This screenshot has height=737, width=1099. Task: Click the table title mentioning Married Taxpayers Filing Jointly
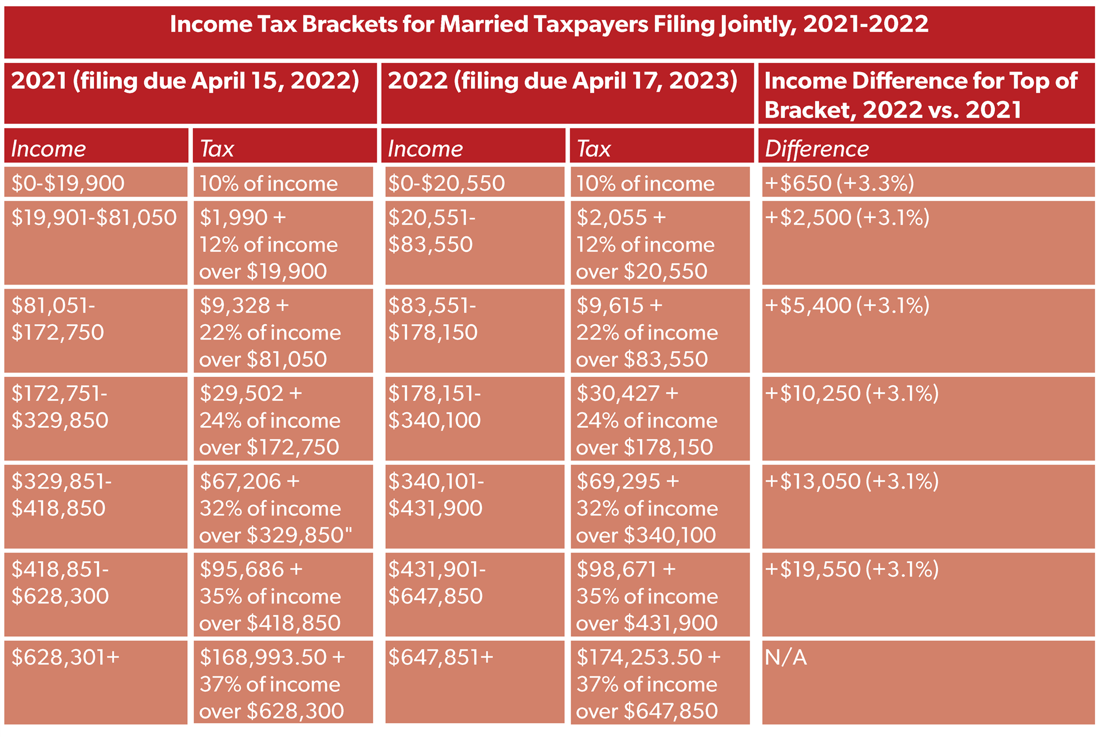[549, 25]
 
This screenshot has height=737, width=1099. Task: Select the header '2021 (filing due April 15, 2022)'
[185, 81]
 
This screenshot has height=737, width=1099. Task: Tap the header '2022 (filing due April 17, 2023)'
[562, 81]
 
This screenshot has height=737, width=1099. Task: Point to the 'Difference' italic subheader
[816, 149]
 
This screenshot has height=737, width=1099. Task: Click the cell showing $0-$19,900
[68, 183]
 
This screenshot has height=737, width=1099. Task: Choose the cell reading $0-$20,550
[446, 183]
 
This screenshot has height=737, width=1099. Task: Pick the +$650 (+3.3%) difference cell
[839, 183]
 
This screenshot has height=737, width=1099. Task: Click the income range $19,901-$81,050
[94, 218]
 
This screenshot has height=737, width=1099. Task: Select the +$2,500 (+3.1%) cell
[847, 218]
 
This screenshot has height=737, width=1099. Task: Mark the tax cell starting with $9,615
[646, 332]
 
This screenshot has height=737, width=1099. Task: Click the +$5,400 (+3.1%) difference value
[847, 306]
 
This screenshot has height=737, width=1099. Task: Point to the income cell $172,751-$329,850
[60, 407]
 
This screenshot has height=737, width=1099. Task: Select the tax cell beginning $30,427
[646, 420]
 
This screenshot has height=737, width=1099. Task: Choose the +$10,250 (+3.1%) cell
[851, 393]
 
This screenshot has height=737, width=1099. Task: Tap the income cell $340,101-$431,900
[436, 495]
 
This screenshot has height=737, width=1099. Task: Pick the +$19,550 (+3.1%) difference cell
[851, 569]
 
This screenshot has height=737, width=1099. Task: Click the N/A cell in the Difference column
[785, 657]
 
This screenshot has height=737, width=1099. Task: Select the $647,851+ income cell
[440, 657]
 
